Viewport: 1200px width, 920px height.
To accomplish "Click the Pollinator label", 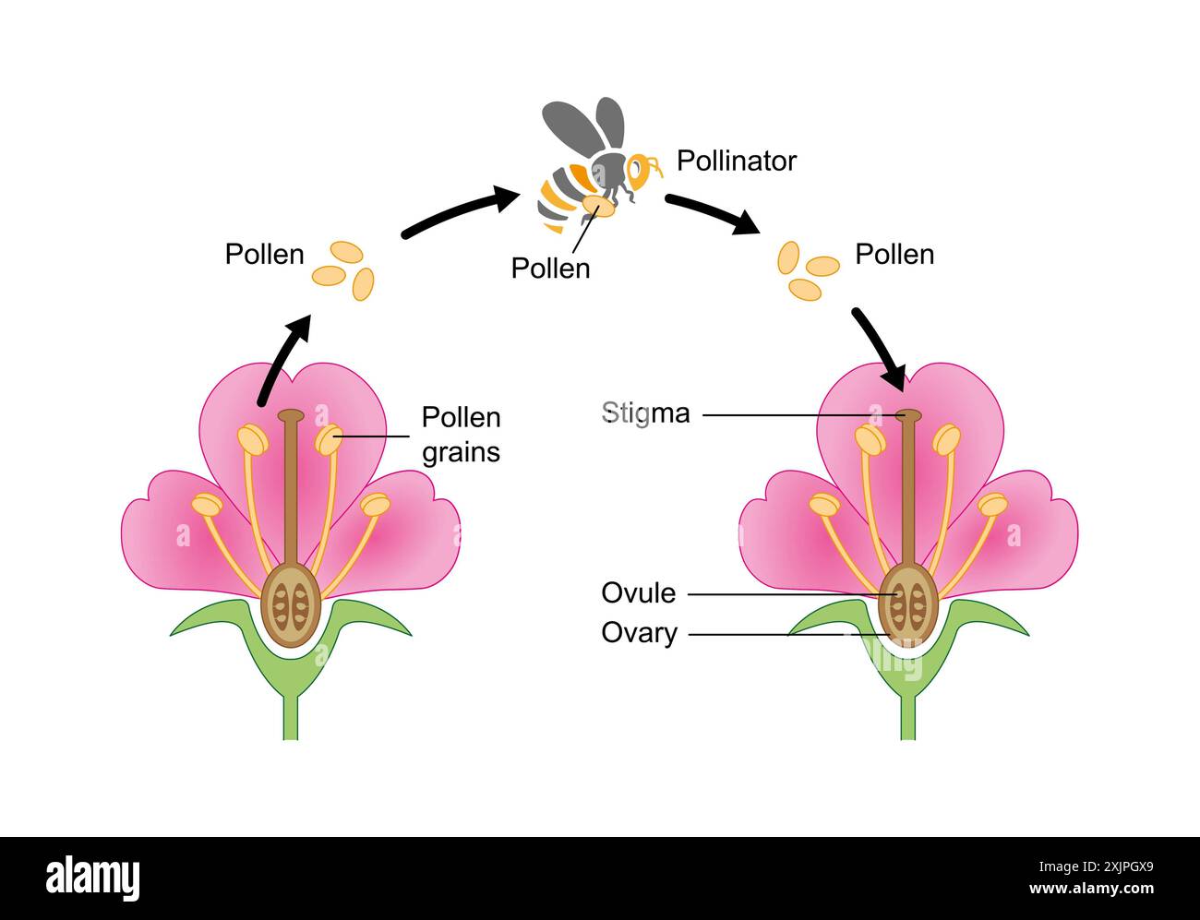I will [x=736, y=161].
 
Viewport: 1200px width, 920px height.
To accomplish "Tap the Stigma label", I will [x=645, y=412].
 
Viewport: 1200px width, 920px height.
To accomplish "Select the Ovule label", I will [x=639, y=592].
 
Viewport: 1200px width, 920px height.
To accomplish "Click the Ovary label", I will [x=639, y=633].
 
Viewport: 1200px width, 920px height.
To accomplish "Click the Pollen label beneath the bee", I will [x=550, y=268].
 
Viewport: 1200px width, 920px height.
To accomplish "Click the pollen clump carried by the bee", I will [x=598, y=206].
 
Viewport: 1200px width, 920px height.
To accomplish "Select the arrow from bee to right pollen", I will [x=711, y=213].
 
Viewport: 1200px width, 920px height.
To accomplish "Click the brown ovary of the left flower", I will [x=291, y=607].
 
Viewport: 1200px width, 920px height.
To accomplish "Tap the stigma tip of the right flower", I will [x=908, y=415].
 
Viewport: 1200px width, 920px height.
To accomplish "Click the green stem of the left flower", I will [x=291, y=715].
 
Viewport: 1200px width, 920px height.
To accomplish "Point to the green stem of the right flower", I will [x=908, y=715].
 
